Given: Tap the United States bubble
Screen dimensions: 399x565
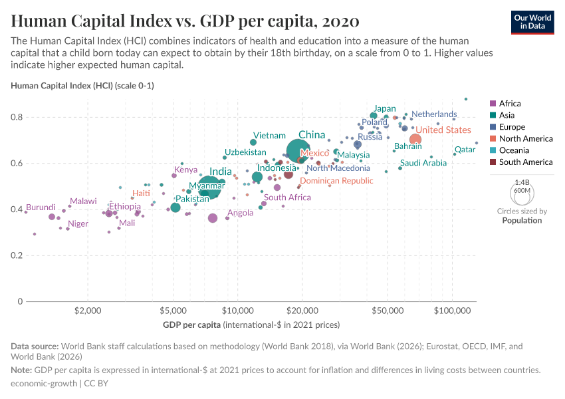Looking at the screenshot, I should pos(415,139).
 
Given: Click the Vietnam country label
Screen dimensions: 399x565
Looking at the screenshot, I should pos(269,136).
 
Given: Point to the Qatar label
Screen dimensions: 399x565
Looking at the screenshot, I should pos(465,150).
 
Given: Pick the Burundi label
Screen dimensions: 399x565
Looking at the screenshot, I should pos(41,207).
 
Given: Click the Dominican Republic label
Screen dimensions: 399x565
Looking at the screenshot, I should pos(336,180).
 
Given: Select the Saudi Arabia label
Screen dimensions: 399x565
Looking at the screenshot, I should pos(423,163).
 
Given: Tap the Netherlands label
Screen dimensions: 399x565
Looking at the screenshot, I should pos(434,114).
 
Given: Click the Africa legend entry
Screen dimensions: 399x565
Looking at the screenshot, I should pos(510,104).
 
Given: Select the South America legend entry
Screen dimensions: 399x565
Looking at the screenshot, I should pos(525,162).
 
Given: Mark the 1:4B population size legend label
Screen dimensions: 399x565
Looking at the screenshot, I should pos(522,182).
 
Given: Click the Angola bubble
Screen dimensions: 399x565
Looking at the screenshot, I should pos(213,218).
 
